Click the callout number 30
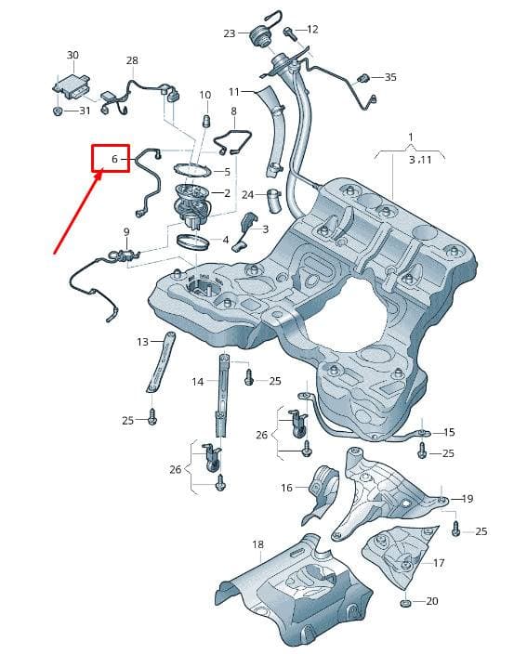click(72, 55)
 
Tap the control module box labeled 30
click(71, 86)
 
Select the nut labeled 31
click(59, 111)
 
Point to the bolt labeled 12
click(289, 33)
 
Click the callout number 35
click(390, 77)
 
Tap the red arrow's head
click(98, 176)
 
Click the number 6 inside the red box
click(114, 159)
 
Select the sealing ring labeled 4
click(193, 242)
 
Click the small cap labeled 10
click(205, 122)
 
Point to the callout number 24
click(248, 195)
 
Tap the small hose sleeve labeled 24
click(274, 201)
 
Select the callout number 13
click(143, 342)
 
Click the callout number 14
click(198, 381)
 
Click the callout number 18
click(257, 544)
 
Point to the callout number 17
click(439, 563)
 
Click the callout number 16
click(286, 487)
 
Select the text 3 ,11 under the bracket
click(420, 160)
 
